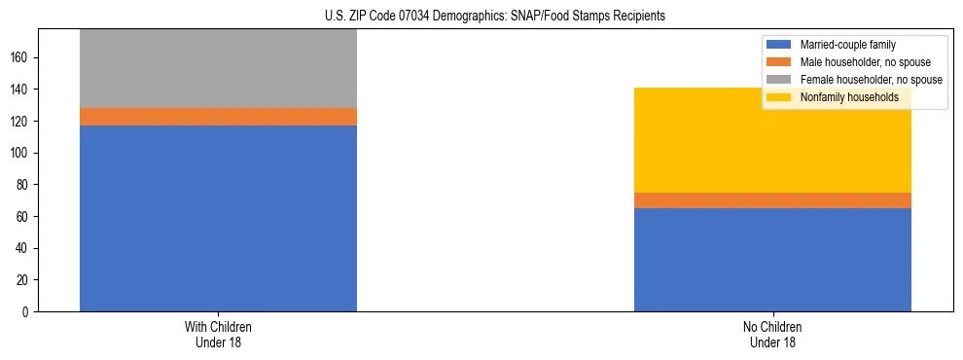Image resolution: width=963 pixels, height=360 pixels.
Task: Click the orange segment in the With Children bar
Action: (x=218, y=117)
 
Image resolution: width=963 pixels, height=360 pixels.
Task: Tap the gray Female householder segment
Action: (x=218, y=68)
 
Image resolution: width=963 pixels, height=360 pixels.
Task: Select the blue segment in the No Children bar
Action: (x=772, y=260)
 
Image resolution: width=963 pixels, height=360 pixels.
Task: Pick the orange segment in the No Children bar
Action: (x=772, y=200)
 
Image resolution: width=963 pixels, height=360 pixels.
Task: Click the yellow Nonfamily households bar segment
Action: (x=772, y=140)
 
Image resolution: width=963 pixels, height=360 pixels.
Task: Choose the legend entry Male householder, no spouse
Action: (x=865, y=62)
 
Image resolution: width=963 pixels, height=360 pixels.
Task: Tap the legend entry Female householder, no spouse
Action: (x=870, y=80)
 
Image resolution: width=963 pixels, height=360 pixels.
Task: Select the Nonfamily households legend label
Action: (x=849, y=97)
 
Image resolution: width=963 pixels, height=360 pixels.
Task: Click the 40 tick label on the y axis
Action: (x=24, y=248)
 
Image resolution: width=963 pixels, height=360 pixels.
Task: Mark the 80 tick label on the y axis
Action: (x=24, y=185)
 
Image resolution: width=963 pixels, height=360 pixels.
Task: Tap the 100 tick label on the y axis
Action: (x=21, y=153)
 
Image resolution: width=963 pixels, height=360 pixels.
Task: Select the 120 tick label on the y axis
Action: (x=21, y=122)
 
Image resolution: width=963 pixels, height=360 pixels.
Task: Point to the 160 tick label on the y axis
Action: (x=21, y=58)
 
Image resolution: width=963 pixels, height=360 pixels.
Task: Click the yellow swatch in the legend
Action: (x=779, y=97)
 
